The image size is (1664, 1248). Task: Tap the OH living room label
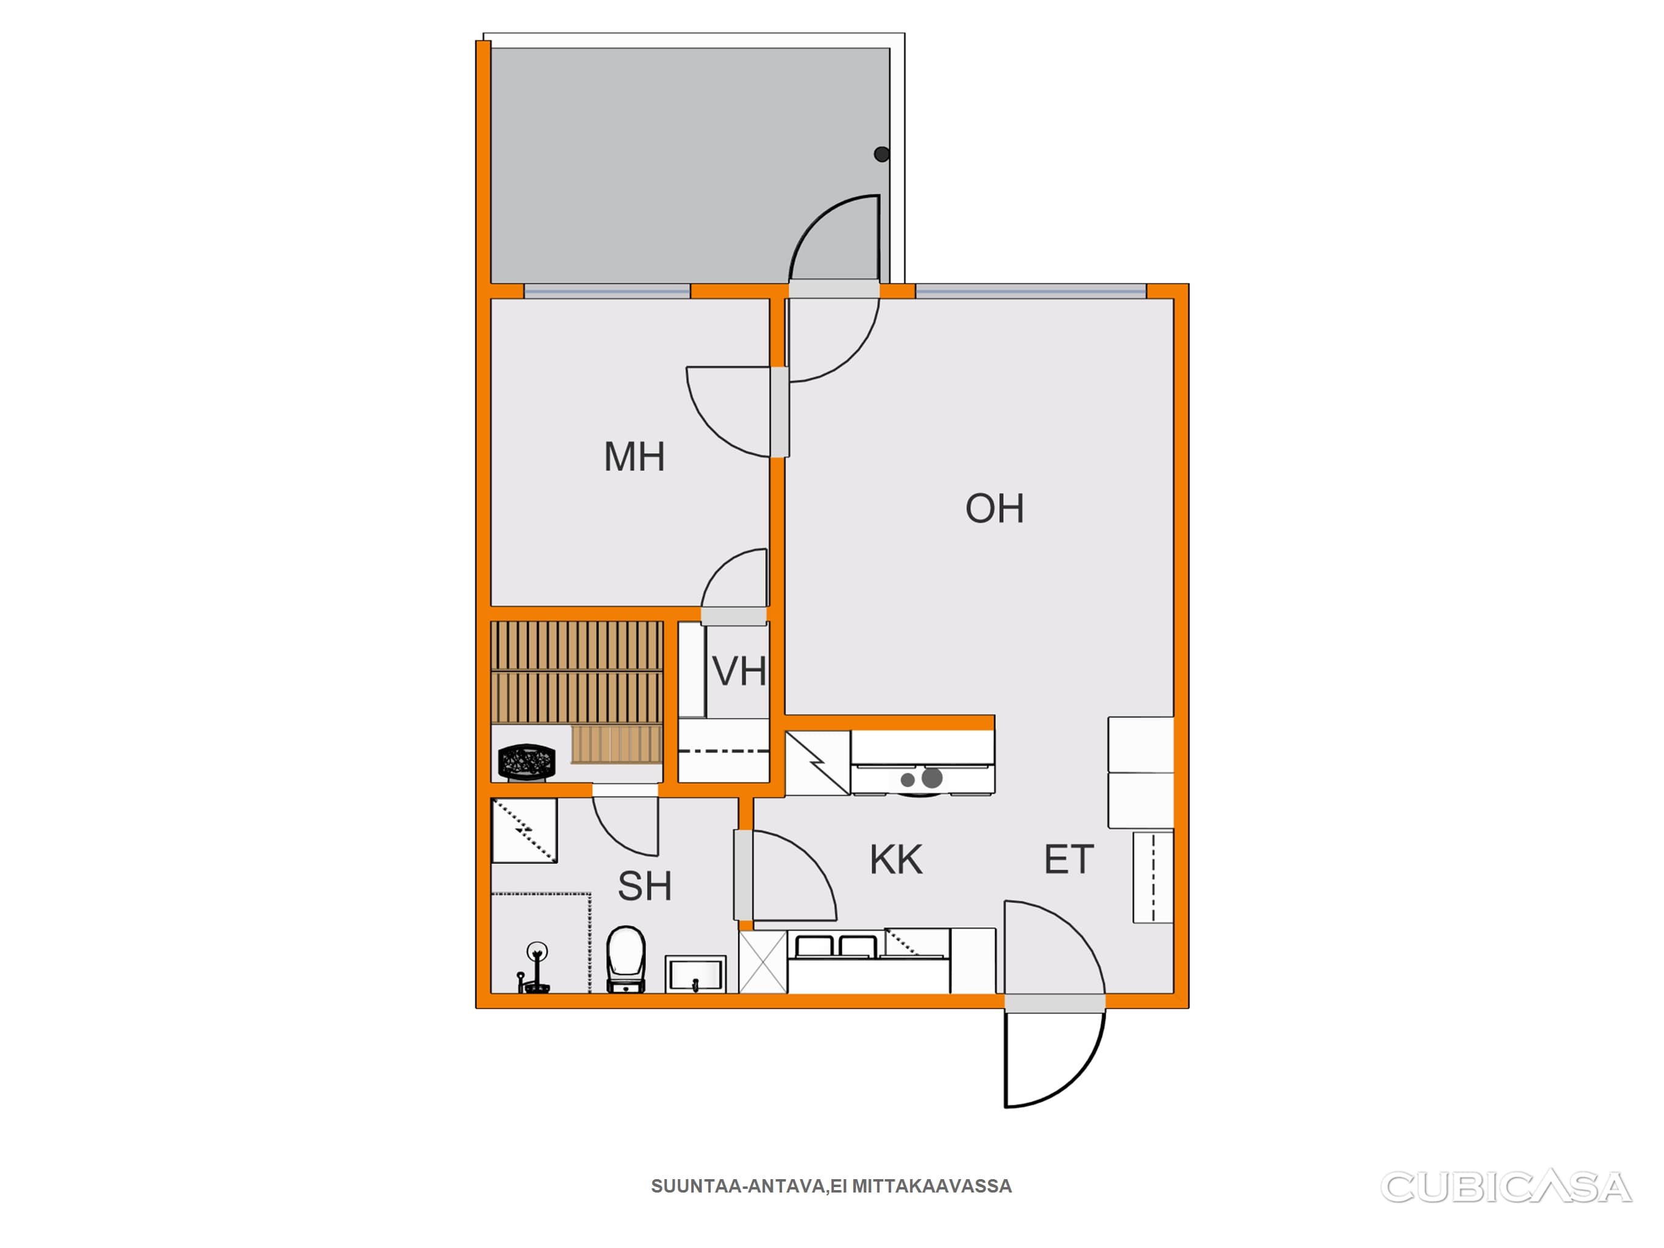coord(995,509)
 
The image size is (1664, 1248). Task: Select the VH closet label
coord(739,671)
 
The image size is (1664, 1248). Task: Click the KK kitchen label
coord(896,860)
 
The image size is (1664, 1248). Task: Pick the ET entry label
coord(1068,860)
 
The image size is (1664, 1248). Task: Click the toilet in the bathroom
coord(626,959)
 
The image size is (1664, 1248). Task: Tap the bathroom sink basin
coord(696,974)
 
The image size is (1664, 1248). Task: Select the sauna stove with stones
coord(527,762)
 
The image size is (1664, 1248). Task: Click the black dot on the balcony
coord(881,154)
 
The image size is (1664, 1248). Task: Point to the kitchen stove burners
coord(922,779)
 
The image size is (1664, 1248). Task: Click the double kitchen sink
coord(836,946)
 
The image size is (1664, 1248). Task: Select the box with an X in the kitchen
coord(763,962)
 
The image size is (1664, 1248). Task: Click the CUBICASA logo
coord(1506,1188)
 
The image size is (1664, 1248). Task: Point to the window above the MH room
coord(607,291)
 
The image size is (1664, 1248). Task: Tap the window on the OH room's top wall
coord(1031,291)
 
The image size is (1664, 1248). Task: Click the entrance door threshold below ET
coord(1054,1003)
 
